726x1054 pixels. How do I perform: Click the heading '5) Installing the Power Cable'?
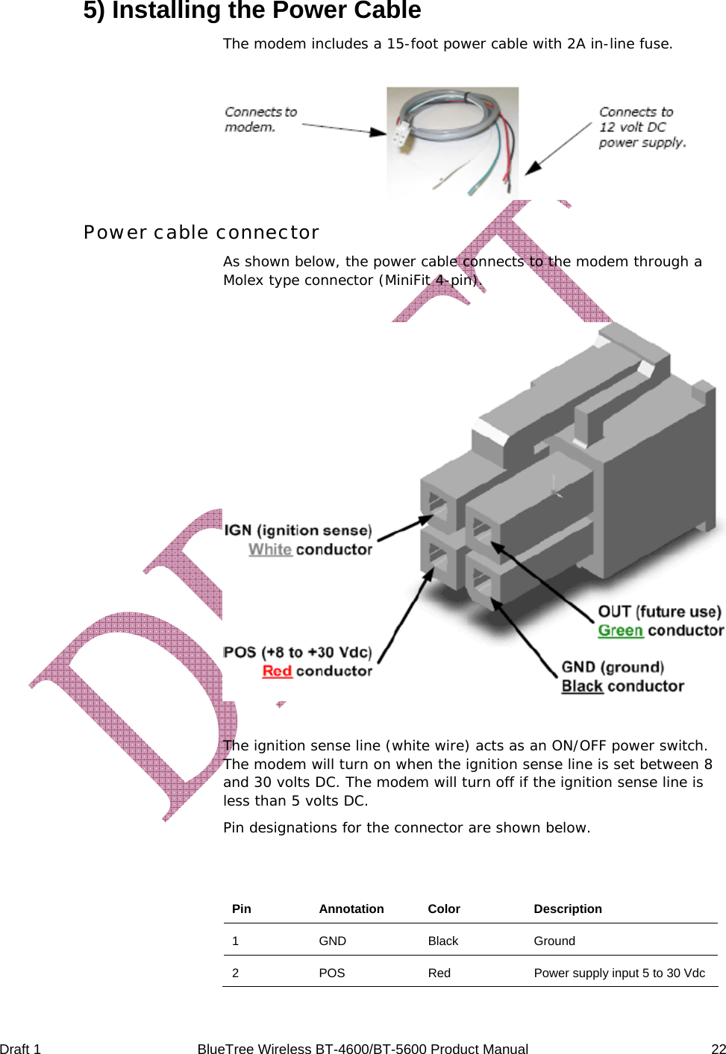tap(251, 10)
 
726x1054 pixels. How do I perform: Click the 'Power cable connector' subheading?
tap(201, 233)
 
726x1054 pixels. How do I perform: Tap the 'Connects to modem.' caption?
tap(260, 119)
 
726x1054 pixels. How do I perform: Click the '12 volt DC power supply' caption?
tap(642, 127)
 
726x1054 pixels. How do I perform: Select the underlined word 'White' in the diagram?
tap(269, 550)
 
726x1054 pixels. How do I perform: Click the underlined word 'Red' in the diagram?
tap(277, 671)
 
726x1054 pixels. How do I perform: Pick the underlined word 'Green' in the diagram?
tap(620, 631)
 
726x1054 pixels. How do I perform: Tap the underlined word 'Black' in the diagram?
tap(582, 686)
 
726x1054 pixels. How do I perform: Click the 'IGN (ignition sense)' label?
tap(298, 530)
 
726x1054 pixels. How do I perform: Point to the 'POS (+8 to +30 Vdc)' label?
tap(297, 653)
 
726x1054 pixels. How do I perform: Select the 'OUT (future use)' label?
tap(660, 612)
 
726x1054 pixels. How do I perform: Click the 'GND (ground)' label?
tap(613, 668)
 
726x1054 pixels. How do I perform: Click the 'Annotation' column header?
tap(351, 909)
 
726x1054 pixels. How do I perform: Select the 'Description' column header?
tap(567, 909)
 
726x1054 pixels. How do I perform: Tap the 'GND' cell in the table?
tap(332, 941)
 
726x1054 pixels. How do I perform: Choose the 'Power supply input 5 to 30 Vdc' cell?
tap(619, 973)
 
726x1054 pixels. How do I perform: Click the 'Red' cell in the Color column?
tap(439, 973)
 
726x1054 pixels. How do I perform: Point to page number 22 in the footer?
tap(718, 1049)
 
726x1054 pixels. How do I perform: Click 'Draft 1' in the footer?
tap(20, 1049)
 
